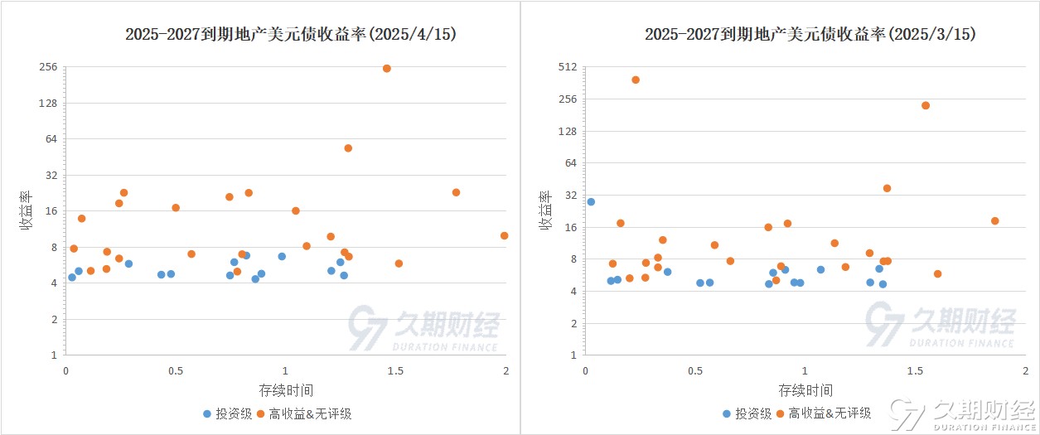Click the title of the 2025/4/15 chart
[x=290, y=34]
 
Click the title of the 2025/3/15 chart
[x=810, y=34]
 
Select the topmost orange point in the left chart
[x=386, y=68]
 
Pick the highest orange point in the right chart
[x=636, y=80]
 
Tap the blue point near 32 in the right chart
[x=591, y=201]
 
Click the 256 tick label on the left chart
[x=48, y=67]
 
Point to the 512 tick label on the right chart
[x=566, y=67]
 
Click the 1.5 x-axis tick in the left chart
[x=395, y=370]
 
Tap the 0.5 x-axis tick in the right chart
[x=694, y=370]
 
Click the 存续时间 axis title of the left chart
[x=286, y=389]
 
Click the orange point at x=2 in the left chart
[x=504, y=235]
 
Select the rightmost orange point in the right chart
[x=994, y=220]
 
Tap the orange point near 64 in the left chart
[x=348, y=148]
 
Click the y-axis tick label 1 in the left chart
[x=53, y=355]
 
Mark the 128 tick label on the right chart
[x=566, y=131]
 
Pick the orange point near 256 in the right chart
[x=926, y=105]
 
